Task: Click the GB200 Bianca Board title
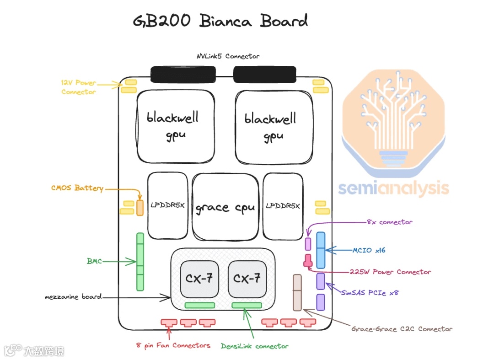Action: point(220,21)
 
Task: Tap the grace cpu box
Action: point(225,207)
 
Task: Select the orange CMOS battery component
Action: point(140,207)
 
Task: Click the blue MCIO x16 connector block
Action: point(321,250)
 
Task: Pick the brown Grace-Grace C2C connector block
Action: point(297,293)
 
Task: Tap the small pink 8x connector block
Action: point(308,244)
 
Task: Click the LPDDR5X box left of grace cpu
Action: point(167,205)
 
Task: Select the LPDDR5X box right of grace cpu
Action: point(283,206)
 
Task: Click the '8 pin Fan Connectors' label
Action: point(173,345)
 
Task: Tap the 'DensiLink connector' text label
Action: point(255,346)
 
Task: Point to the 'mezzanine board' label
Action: point(73,297)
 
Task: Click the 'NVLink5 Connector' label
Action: point(225,56)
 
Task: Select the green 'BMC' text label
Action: point(94,261)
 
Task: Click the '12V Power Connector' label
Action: point(79,87)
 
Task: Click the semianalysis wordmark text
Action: point(393,188)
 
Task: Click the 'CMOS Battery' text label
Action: point(77,188)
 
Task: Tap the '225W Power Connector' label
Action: point(390,272)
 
